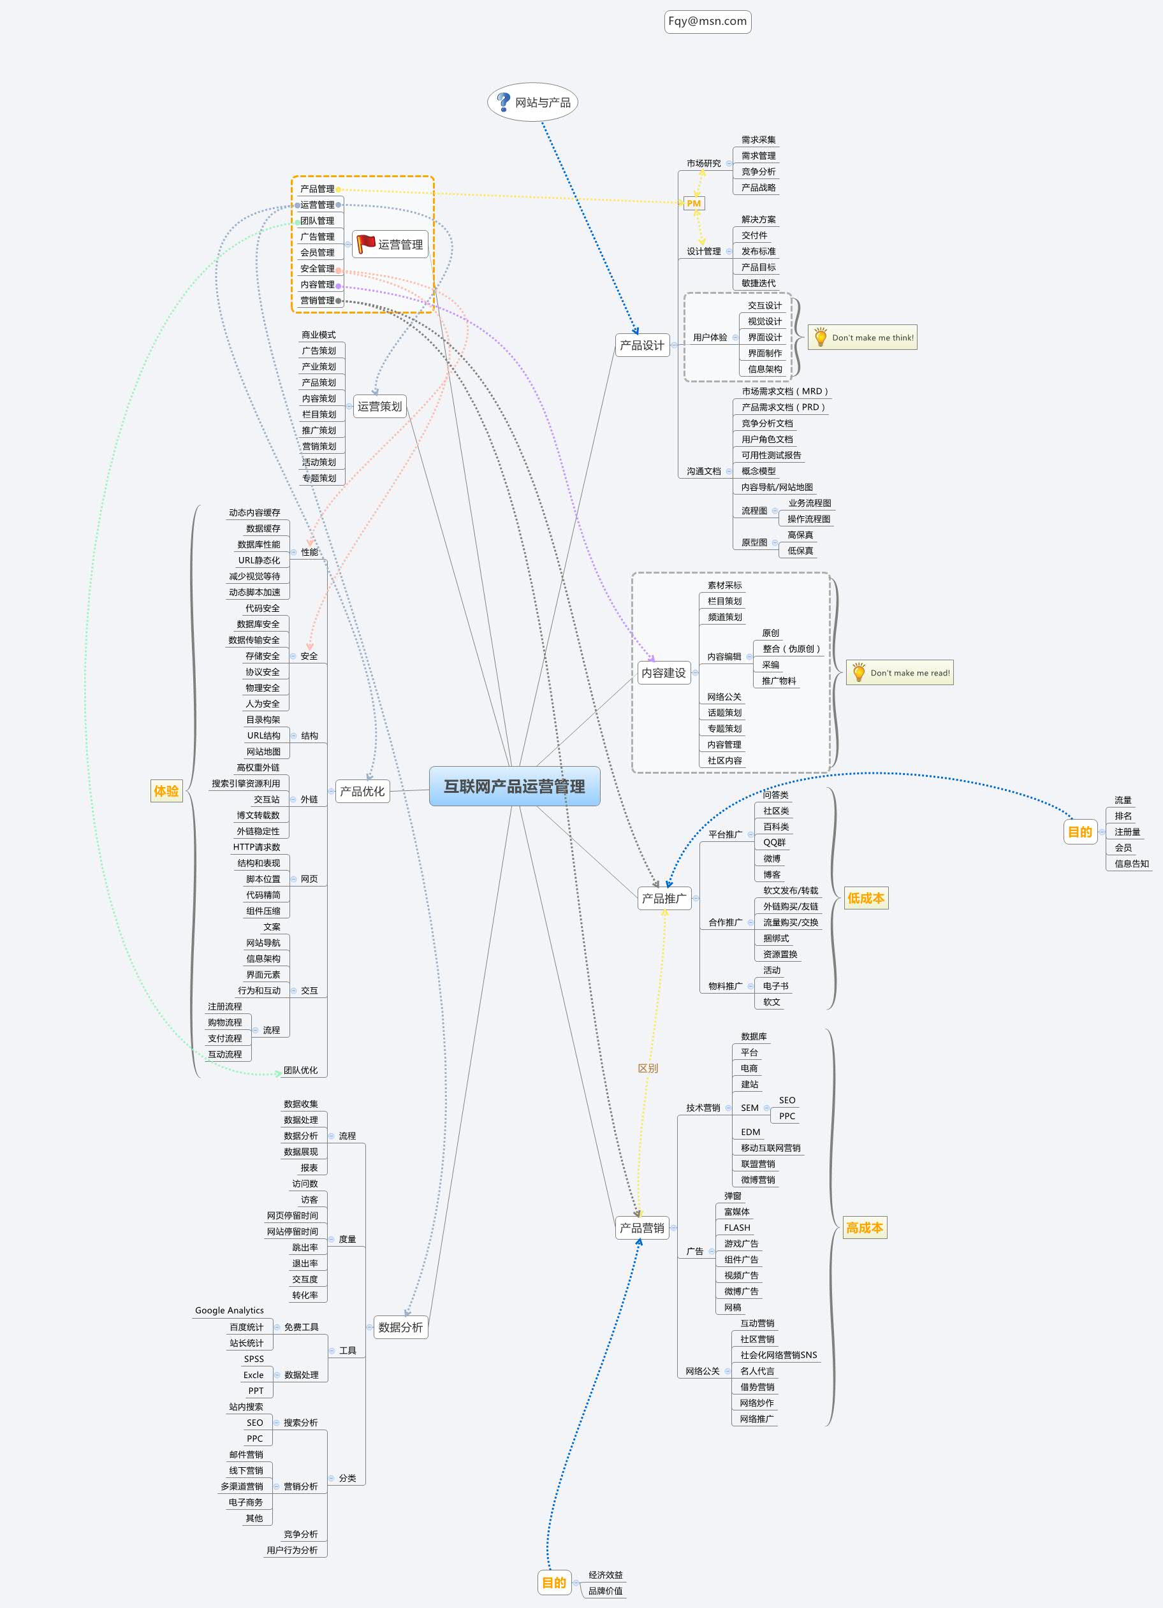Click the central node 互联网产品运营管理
514,786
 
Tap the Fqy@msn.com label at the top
707,21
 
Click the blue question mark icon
503,102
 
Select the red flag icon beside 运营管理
366,244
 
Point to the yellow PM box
694,203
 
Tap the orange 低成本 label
866,898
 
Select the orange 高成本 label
865,1228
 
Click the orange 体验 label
166,790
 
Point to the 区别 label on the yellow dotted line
647,1068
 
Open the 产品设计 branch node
642,345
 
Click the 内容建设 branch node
663,673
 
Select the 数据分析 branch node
400,1327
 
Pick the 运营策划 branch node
379,406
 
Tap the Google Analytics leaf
229,1311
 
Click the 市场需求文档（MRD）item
784,391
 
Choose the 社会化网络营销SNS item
778,1355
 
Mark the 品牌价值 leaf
606,1590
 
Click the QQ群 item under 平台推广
775,843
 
